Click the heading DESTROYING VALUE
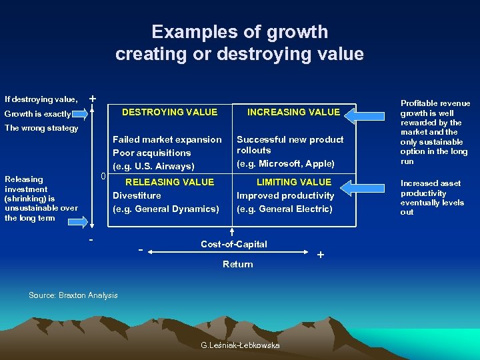tap(169, 112)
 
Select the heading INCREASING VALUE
tap(293, 112)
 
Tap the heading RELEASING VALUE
tap(169, 182)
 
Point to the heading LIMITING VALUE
tap(293, 182)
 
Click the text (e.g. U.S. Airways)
tap(153, 166)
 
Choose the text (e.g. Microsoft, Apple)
tap(285, 164)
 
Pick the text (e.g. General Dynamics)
tap(165, 209)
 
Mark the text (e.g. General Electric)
tap(284, 209)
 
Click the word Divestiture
tap(137, 195)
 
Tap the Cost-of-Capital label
tap(233, 244)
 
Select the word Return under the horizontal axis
tap(237, 264)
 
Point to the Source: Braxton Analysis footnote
tap(73, 295)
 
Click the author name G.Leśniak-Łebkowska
tap(240, 345)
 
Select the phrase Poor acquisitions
tap(151, 153)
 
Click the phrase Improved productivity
tap(285, 195)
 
